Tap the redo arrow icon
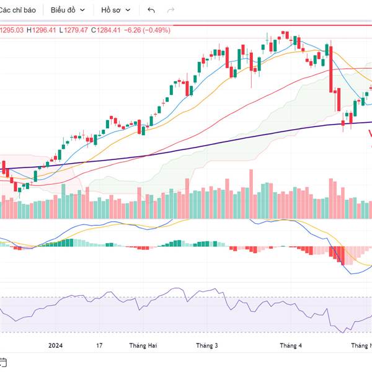(171, 11)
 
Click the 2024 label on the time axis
(55, 345)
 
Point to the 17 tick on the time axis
(99, 345)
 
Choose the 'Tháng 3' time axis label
(206, 345)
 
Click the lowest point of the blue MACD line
(350, 273)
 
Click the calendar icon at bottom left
(3, 361)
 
